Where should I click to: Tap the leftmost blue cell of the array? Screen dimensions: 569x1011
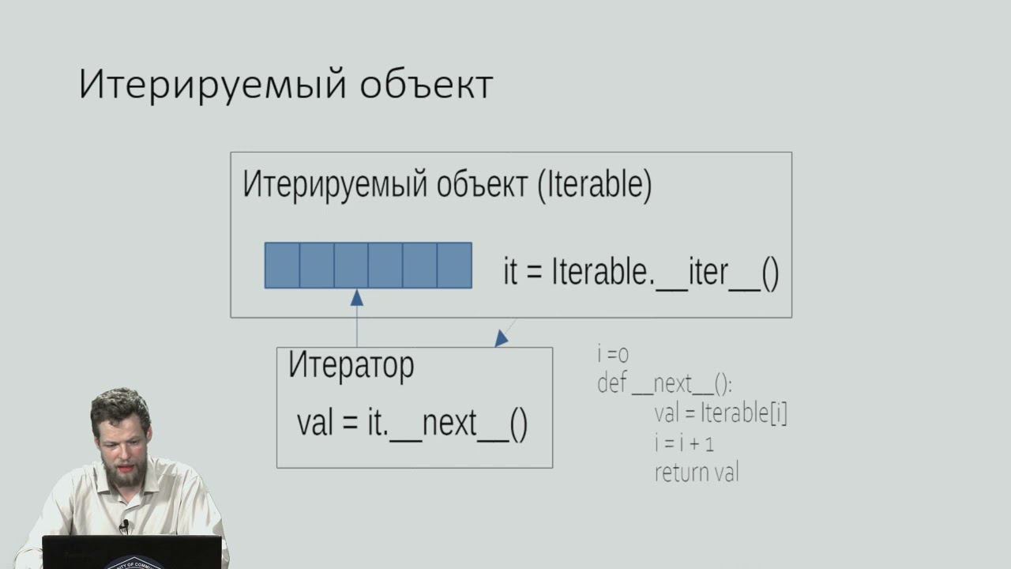tap(282, 266)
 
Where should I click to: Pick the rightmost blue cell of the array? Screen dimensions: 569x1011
tap(454, 266)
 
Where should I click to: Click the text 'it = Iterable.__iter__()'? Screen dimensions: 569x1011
tap(641, 272)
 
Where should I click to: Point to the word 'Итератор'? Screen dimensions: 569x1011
tap(351, 365)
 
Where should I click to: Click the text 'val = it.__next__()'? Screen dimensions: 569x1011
tap(412, 423)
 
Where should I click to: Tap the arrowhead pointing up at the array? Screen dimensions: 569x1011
tap(356, 298)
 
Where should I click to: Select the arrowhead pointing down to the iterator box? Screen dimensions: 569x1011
tap(501, 338)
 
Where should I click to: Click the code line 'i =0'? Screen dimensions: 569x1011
tap(613, 355)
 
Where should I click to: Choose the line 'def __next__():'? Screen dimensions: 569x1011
tap(664, 384)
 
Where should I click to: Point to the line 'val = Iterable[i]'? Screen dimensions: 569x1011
tap(720, 413)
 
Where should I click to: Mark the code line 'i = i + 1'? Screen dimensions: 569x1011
tap(684, 443)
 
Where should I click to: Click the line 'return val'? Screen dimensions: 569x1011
tap(696, 473)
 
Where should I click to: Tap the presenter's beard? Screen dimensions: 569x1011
tap(126, 475)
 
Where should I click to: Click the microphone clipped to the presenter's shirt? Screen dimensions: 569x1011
tap(124, 526)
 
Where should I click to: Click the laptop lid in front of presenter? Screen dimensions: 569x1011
tap(131, 552)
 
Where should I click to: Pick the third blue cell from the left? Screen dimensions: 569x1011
tap(351, 266)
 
